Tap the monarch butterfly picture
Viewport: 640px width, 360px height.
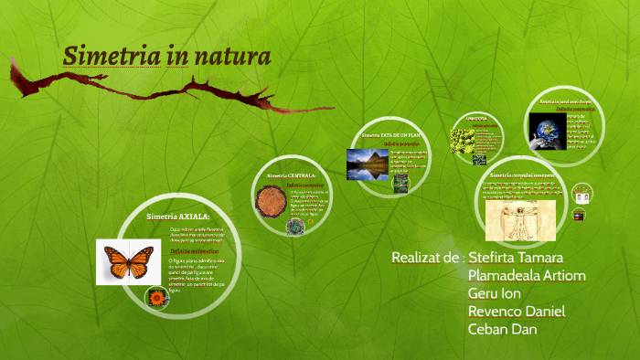128,261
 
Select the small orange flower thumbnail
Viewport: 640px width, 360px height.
156,298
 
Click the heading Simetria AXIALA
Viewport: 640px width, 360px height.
178,216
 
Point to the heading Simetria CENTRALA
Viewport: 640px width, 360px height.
292,175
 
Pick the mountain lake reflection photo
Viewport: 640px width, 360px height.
368,164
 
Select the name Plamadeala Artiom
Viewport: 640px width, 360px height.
527,275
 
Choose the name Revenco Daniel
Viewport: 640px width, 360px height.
516,311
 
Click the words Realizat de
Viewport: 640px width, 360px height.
424,257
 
